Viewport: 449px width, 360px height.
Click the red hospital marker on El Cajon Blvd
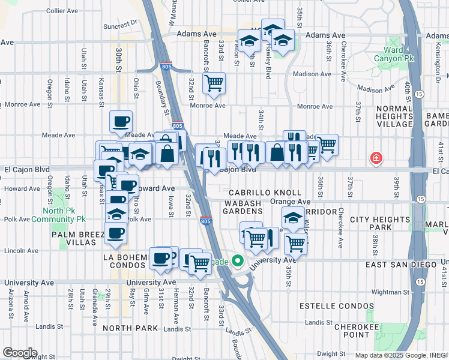376,158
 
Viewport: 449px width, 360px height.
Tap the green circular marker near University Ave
238,262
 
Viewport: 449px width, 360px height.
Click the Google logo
19,353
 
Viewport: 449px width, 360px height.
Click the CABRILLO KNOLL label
265,193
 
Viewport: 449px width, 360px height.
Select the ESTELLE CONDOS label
345,306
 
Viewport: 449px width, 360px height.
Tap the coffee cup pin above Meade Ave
121,121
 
